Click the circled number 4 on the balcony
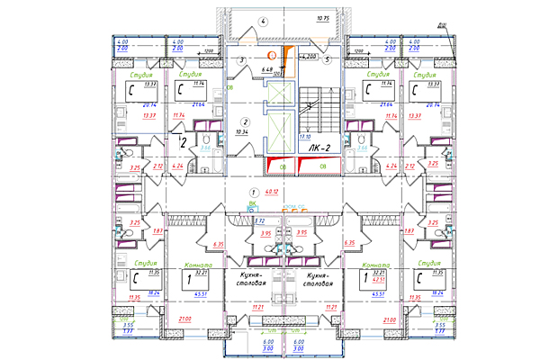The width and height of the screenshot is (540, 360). click(263, 20)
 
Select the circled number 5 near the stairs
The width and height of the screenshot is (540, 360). click(328, 60)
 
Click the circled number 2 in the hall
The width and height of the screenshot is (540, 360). click(245, 121)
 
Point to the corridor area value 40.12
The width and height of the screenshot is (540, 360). click(272, 192)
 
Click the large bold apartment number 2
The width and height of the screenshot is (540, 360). click(184, 141)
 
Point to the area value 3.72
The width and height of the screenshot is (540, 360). click(259, 220)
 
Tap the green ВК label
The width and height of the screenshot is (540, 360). click(252, 203)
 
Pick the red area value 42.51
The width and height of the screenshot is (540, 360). click(391, 280)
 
